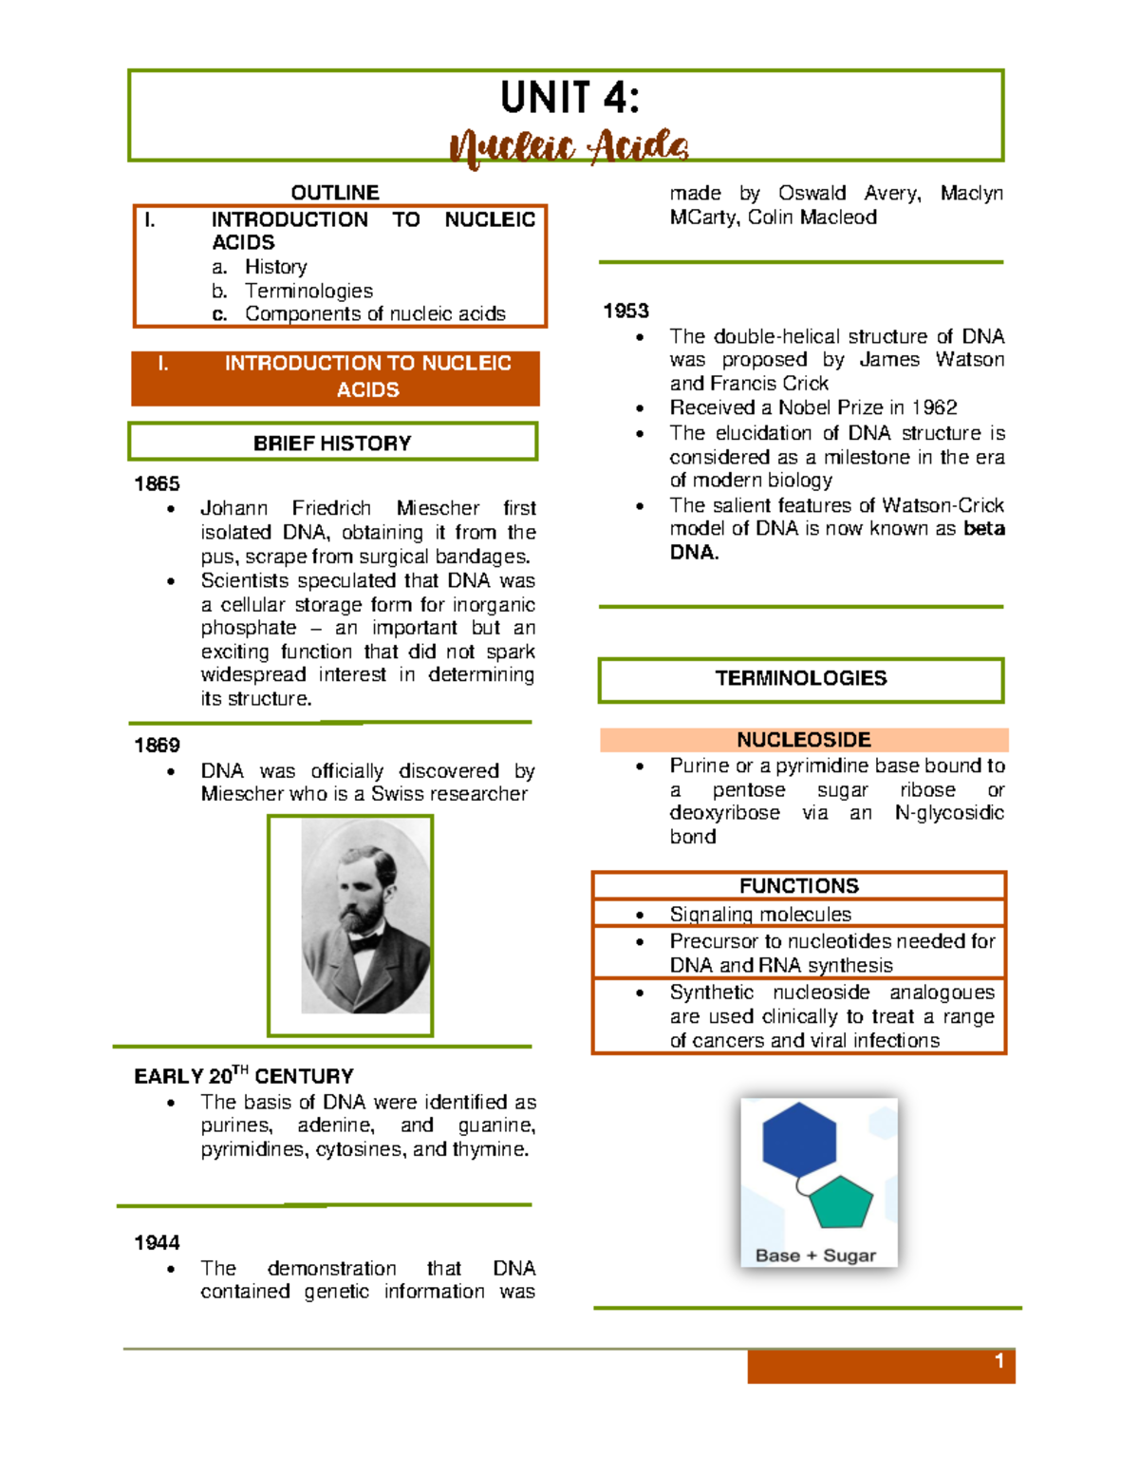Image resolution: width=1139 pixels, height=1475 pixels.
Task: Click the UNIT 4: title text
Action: point(569,98)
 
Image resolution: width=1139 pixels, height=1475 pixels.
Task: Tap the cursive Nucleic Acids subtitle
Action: point(569,147)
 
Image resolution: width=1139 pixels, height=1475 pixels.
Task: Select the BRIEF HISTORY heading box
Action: point(332,443)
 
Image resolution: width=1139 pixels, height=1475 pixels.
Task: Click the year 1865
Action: point(157,483)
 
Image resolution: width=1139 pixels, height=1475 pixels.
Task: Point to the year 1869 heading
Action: point(157,745)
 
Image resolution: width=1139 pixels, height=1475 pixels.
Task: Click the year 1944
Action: point(157,1242)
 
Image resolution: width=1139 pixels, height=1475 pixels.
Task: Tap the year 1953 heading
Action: point(626,311)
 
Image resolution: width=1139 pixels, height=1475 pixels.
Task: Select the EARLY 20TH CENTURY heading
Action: point(244,1076)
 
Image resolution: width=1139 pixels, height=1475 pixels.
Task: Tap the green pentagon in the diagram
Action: point(840,1202)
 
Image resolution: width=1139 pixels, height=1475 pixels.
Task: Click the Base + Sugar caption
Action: point(815,1256)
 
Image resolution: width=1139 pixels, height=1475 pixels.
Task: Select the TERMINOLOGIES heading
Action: point(801,678)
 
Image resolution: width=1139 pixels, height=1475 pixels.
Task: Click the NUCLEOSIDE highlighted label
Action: point(803,740)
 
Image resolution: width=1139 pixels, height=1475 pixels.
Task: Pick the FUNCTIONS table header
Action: point(798,885)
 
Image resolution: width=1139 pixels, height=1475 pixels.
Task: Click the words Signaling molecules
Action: point(760,914)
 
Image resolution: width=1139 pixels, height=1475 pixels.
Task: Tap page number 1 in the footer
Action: point(999,1362)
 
